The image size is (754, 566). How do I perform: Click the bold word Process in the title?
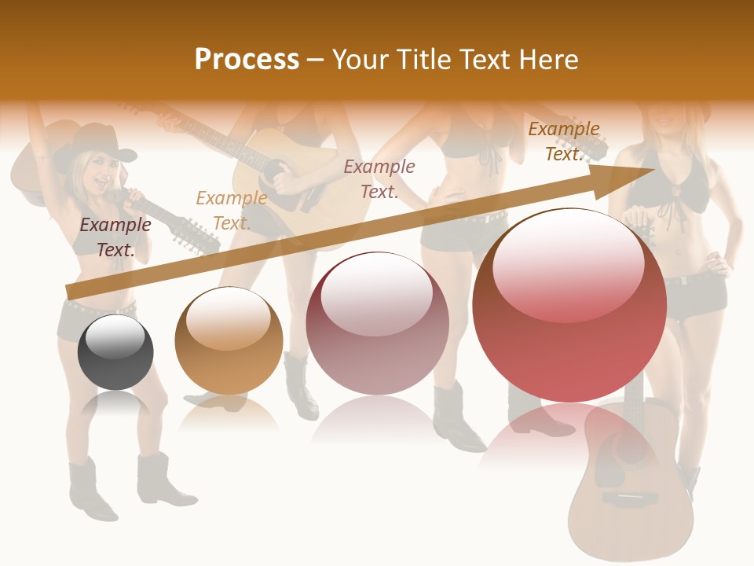[247, 59]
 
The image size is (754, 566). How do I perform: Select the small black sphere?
[115, 351]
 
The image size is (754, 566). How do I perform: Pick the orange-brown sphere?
[229, 340]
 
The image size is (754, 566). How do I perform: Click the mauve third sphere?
[377, 323]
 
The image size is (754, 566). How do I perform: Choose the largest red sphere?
[569, 306]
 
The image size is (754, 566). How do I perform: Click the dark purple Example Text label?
[115, 237]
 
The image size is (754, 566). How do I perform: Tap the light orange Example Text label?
[231, 211]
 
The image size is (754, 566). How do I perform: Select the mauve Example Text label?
[379, 178]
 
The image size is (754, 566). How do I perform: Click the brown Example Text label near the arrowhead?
[564, 141]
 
